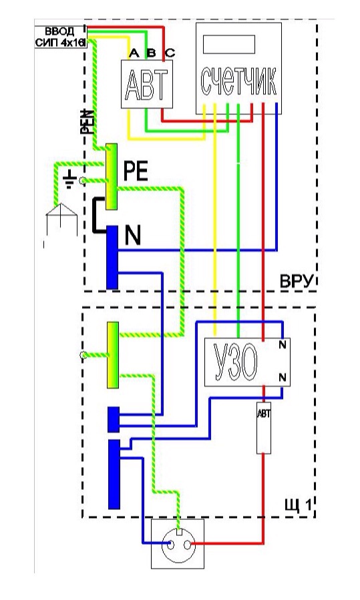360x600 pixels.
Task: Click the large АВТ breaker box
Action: point(147,84)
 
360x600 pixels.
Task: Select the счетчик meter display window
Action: point(228,45)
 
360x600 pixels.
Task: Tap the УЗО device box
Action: point(247,362)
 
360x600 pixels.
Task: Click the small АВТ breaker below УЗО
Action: point(264,428)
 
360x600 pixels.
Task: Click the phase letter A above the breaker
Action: point(134,53)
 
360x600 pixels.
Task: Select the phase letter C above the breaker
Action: point(170,53)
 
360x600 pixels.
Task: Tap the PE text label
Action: point(136,172)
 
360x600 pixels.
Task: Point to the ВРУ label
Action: point(297,282)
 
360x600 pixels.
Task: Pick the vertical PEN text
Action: point(87,122)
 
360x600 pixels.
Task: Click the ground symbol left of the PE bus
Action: point(69,180)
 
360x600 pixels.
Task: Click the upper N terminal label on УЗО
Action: point(283,345)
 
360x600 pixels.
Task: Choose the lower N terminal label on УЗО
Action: point(283,378)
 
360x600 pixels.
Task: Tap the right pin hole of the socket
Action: point(187,543)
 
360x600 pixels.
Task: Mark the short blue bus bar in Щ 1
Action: point(114,419)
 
